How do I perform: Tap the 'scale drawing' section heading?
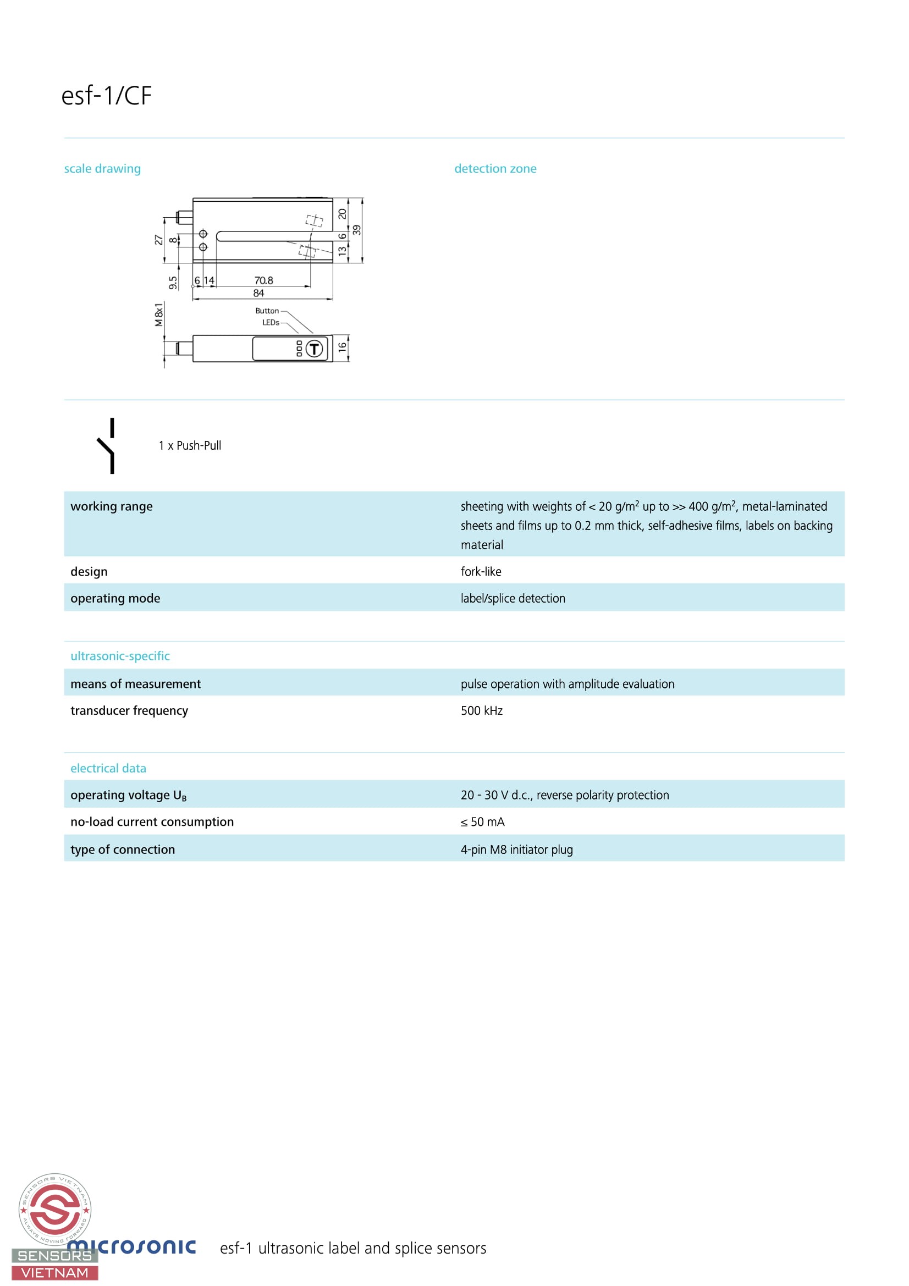(x=102, y=169)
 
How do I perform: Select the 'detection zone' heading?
(x=495, y=169)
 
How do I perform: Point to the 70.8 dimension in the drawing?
(x=263, y=280)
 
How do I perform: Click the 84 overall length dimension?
(x=258, y=293)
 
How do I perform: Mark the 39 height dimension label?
(x=357, y=230)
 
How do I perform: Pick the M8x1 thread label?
(x=159, y=315)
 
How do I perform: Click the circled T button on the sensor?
(x=314, y=349)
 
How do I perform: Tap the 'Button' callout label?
(x=267, y=311)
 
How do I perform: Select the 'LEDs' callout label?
(x=271, y=323)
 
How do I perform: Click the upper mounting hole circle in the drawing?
(x=203, y=234)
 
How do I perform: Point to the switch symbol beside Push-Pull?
(x=108, y=446)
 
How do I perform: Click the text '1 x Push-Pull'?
(x=190, y=446)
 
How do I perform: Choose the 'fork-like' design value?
(x=481, y=571)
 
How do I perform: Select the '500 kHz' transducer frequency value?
(x=481, y=710)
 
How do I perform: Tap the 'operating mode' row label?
(x=115, y=598)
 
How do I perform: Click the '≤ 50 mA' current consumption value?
(x=482, y=821)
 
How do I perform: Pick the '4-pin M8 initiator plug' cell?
(x=516, y=849)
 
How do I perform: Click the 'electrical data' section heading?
(x=108, y=769)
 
